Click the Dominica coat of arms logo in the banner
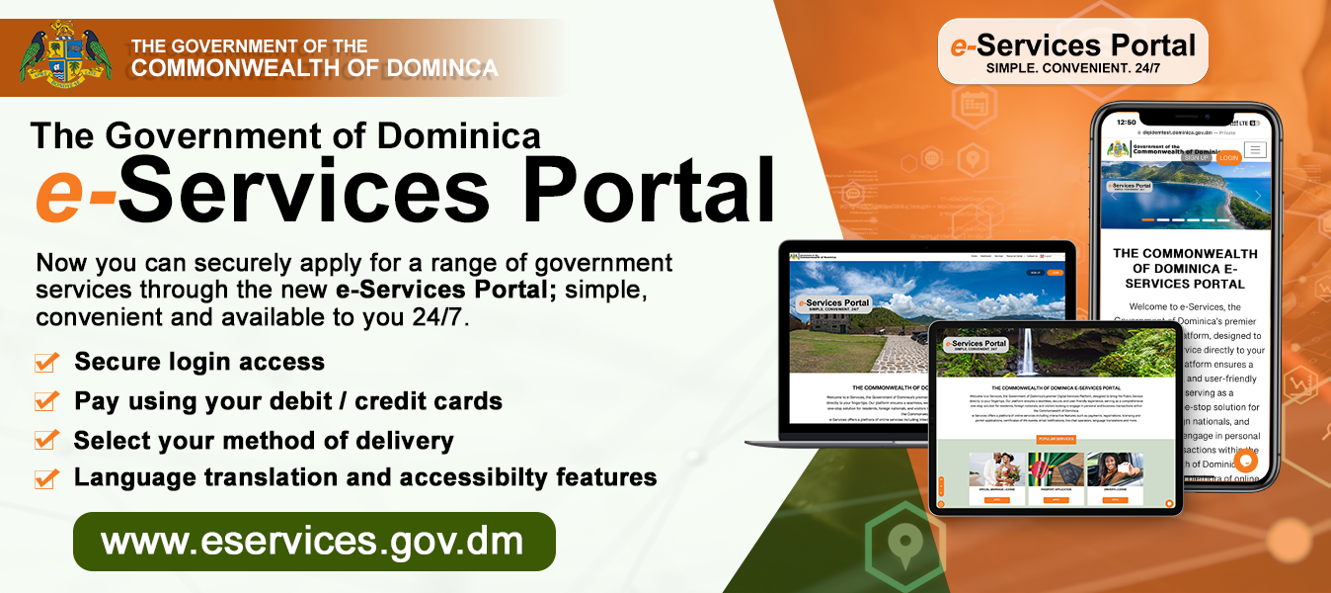pos(65,53)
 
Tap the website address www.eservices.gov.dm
pos(313,542)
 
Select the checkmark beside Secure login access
pos(46,363)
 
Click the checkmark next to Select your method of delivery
pos(46,440)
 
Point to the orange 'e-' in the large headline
pos(75,194)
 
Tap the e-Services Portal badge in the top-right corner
pos(1072,50)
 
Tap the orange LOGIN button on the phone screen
pos(1228,157)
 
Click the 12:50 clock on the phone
pos(1127,122)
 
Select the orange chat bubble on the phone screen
pos(1245,460)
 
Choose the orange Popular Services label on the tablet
pos(1056,438)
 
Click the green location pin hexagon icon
pos(900,542)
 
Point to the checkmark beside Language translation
pos(46,478)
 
